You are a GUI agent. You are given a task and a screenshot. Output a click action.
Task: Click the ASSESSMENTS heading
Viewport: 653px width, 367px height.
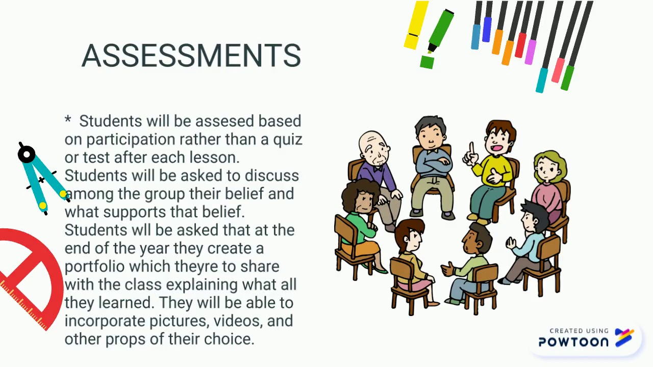(x=191, y=56)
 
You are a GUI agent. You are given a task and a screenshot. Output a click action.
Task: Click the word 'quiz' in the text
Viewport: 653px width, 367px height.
(x=288, y=139)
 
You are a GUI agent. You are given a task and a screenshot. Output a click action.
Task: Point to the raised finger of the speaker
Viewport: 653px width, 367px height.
(x=471, y=148)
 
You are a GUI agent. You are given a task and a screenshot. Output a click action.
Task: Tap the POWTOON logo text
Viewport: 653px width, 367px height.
(x=573, y=342)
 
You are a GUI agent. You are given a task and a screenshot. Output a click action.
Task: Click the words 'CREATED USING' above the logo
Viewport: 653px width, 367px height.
(x=579, y=331)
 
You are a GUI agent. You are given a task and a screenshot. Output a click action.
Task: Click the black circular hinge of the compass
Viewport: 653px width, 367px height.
(x=27, y=154)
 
